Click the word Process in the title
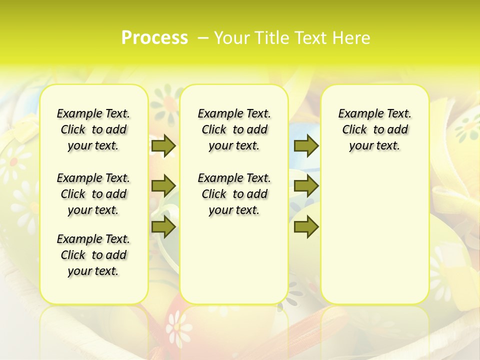pos(154,38)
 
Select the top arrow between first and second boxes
pos(163,145)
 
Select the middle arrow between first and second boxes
pos(163,186)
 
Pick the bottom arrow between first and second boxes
pos(163,227)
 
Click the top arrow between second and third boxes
pos(306,145)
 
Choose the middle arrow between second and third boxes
pos(306,186)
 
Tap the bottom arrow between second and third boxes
pos(306,227)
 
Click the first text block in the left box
pos(93,129)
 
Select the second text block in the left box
pos(93,194)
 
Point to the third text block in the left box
pos(93,255)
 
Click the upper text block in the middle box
pos(234,129)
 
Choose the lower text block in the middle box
pos(234,194)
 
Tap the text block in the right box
pos(374,129)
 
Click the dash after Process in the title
pos(203,38)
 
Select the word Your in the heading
pos(229,38)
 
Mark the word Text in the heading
pos(310,38)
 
